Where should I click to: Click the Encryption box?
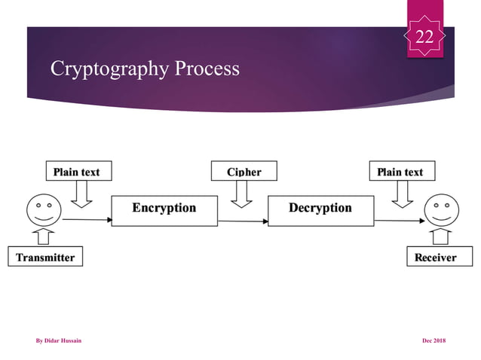click(x=164, y=209)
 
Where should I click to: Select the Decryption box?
click(x=320, y=209)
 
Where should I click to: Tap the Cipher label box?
click(x=244, y=172)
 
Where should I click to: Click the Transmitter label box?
click(x=45, y=257)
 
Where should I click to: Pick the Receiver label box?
click(x=436, y=257)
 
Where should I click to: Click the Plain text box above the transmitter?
click(x=75, y=172)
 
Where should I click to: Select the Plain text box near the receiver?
click(x=400, y=172)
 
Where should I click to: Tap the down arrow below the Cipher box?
click(x=241, y=194)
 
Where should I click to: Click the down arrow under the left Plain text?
click(x=81, y=194)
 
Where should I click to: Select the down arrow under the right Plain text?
click(x=403, y=194)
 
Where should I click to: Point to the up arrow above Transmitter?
click(x=43, y=236)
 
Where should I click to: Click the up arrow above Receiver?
click(x=441, y=236)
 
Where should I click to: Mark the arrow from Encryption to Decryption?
click(x=243, y=221)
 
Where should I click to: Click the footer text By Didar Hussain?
click(x=59, y=341)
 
